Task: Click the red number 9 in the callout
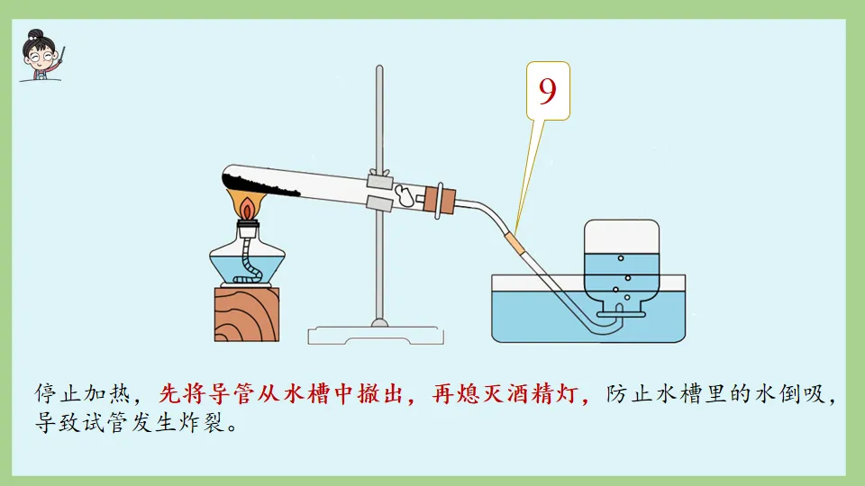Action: pyautogui.click(x=547, y=90)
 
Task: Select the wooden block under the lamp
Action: pyautogui.click(x=247, y=314)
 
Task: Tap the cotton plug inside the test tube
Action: pyautogui.click(x=408, y=193)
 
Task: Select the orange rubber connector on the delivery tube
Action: pyautogui.click(x=515, y=243)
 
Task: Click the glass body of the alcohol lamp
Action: pyautogui.click(x=248, y=261)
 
